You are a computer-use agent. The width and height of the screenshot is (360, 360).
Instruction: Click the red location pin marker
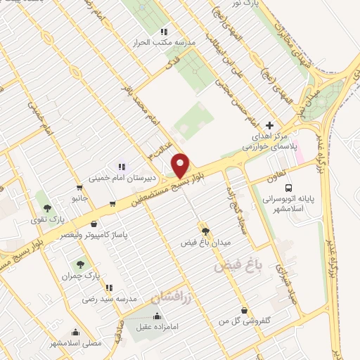[x=181, y=165]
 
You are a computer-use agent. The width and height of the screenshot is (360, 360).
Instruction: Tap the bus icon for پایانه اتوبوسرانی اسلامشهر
[x=289, y=187]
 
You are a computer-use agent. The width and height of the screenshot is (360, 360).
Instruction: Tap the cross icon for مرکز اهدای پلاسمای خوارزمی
[x=269, y=124]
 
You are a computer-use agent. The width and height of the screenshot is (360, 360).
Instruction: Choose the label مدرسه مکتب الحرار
[x=164, y=42]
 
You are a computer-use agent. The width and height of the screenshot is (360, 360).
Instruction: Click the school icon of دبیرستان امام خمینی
[x=122, y=167]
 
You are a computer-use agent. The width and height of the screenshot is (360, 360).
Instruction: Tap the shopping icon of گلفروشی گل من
[x=244, y=310]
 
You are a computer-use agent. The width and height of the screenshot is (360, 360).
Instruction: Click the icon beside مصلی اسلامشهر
[x=75, y=333]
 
